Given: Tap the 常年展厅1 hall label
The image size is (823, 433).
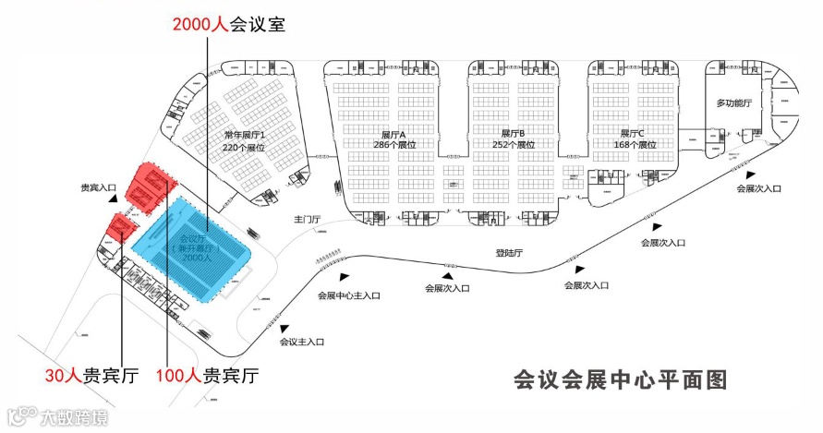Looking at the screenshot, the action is tap(244, 136).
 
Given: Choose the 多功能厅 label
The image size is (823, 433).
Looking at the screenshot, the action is tap(734, 102).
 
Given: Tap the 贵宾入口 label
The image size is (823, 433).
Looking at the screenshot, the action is tap(97, 187).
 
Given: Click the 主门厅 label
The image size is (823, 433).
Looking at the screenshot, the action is tap(307, 220).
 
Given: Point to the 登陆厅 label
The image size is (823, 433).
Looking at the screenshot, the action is tap(509, 251).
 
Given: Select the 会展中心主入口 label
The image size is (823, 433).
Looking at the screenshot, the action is tap(348, 295).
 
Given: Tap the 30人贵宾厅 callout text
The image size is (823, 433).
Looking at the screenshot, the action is tap(91, 376).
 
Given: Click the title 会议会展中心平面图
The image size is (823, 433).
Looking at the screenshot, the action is tap(621, 379).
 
